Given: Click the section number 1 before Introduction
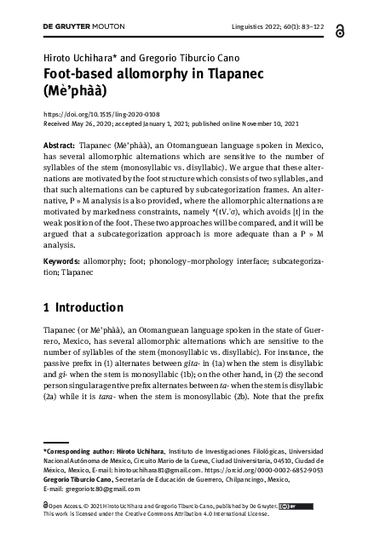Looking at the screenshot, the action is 46,306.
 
